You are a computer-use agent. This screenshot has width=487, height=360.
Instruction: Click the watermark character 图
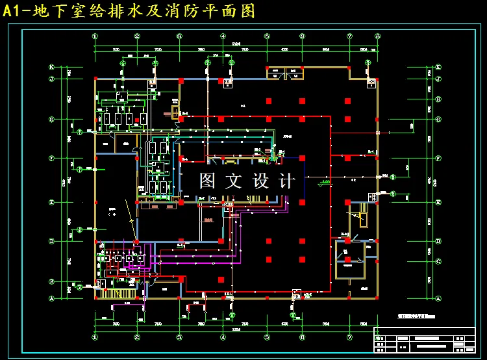tap(207, 181)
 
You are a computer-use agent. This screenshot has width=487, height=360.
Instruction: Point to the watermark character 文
tap(233, 181)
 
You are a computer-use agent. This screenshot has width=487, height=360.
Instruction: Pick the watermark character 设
tap(260, 181)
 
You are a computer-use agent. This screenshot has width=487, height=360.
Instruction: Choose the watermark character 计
tap(286, 181)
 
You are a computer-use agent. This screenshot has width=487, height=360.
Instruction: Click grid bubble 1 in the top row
tap(95, 36)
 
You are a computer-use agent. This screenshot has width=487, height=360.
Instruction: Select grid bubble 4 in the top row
tap(223, 36)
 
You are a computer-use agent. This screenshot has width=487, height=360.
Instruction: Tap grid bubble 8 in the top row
tap(378, 36)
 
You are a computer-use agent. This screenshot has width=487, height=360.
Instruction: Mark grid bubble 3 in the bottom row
tap(179, 337)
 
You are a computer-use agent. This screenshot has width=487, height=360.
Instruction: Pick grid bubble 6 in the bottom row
tap(303, 337)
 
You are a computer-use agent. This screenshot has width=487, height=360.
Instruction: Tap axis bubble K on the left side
tap(51, 67)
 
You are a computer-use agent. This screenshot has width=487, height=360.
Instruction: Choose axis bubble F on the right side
tap(438, 158)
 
